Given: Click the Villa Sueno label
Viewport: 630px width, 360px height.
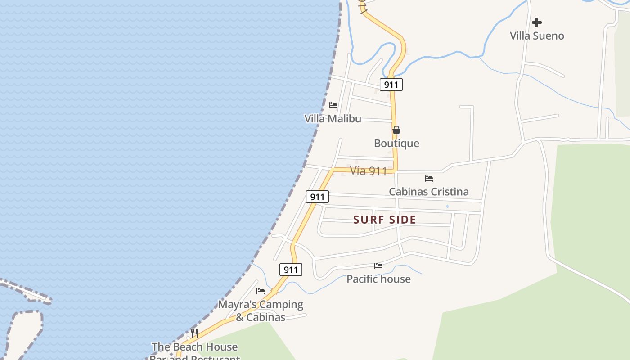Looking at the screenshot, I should click(537, 36).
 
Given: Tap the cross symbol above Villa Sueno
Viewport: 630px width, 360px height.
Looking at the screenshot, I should click(537, 22).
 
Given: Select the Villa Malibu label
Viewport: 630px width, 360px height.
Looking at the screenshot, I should click(333, 119).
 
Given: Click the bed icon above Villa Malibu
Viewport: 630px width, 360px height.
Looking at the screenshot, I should click(333, 105).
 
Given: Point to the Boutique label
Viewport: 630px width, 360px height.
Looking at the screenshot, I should click(396, 144).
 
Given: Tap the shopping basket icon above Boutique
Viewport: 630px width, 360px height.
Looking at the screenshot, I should click(396, 130).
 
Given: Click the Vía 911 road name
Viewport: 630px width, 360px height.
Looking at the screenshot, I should click(368, 171).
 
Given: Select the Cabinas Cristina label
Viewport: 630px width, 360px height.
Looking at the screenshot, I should click(428, 192).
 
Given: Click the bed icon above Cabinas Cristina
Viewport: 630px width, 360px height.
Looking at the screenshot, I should click(429, 179).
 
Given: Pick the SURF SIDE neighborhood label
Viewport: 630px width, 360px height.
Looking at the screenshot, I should click(385, 220).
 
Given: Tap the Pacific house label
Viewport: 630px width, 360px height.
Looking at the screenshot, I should click(378, 279).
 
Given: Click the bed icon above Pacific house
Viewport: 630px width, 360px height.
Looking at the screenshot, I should click(378, 266).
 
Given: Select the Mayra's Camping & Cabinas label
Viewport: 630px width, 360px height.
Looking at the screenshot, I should click(261, 310).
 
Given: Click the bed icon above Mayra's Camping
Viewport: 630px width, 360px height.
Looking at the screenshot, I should click(261, 291).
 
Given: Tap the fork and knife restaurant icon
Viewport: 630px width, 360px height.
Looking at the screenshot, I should click(194, 333).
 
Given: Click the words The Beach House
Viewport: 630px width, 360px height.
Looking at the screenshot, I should click(194, 347).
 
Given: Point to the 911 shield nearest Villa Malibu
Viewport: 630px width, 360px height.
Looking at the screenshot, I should click(391, 85).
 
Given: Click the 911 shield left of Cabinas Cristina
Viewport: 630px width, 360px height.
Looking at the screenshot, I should click(317, 197).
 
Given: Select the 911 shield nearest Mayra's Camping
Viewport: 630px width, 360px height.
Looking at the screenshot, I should click(291, 270).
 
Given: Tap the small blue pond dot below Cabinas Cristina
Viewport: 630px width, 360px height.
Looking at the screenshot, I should click(447, 207).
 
